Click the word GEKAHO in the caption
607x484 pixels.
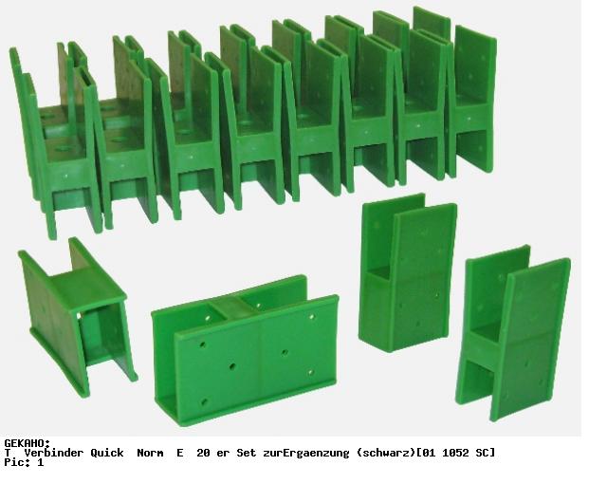[x=26, y=443]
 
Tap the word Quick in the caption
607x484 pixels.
[x=107, y=453]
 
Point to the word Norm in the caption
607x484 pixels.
[x=150, y=453]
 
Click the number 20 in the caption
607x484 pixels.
[x=203, y=453]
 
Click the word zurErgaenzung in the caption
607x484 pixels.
[x=305, y=453]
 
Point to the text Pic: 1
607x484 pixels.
[x=24, y=462]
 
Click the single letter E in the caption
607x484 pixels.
[x=180, y=453]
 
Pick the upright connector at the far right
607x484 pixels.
[x=513, y=333]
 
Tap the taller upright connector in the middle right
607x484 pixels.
[x=409, y=273]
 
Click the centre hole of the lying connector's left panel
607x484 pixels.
[x=232, y=366]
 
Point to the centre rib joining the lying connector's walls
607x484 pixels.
[x=232, y=307]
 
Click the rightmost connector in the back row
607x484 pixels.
[x=472, y=101]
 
